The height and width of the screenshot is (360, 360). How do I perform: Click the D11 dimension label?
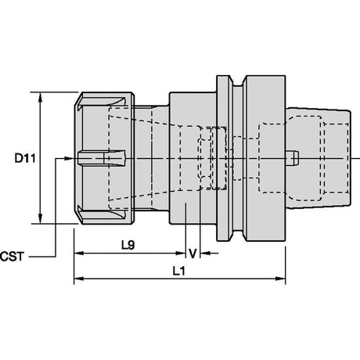coord(25,158)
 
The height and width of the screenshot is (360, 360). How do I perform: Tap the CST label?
coord(12,257)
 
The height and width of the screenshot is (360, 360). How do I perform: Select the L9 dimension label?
coord(128,245)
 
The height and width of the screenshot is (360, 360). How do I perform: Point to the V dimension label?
coord(193,254)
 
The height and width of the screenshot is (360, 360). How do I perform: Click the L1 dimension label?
coord(179,272)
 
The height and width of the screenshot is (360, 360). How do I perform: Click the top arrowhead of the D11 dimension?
coord(40,97)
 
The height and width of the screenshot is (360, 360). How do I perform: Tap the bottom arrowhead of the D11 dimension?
coord(40,218)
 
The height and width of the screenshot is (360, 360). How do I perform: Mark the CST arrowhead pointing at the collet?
coord(68,158)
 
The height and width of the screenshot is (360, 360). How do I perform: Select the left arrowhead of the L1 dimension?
coord(79,279)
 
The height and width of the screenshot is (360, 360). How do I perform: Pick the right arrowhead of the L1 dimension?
coord(281,279)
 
